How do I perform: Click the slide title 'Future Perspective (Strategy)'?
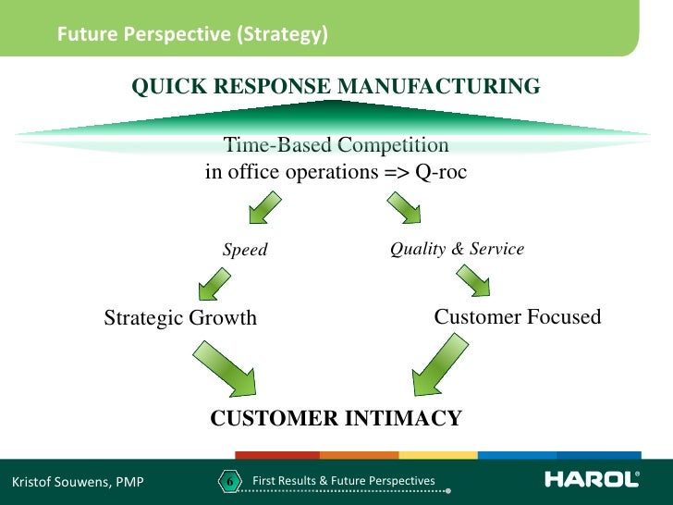(192, 36)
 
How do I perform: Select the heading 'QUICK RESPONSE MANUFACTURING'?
(336, 87)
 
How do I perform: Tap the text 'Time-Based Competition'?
(336, 145)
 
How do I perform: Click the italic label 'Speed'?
(245, 250)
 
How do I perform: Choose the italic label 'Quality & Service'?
(457, 249)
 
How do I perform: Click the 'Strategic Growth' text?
(180, 318)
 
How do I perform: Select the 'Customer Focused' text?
(518, 317)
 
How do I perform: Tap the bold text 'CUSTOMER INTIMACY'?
(336, 418)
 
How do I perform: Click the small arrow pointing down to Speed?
(263, 206)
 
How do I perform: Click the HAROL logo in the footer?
(592, 479)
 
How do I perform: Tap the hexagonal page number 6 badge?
(228, 481)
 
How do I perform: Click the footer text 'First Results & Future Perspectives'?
(343, 480)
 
